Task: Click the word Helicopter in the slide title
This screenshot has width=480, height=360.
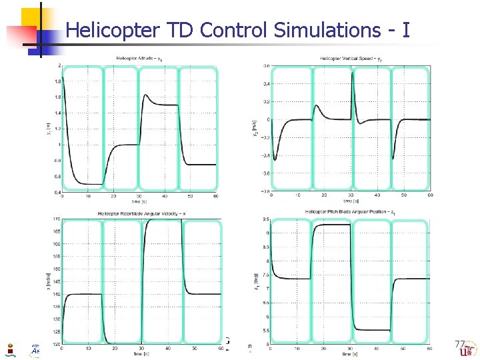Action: tap(110, 30)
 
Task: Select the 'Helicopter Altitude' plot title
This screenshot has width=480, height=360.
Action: tap(142, 59)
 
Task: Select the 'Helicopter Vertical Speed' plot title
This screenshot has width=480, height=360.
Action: tap(351, 59)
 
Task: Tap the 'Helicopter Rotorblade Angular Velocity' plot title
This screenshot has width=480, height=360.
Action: tap(142, 213)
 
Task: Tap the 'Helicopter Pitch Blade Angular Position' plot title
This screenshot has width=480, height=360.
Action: tap(351, 212)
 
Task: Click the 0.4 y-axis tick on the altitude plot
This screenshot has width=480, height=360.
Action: tap(59, 193)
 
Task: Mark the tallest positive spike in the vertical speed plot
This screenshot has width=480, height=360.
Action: tap(352, 72)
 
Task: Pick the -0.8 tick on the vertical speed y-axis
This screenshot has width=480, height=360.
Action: tap(265, 191)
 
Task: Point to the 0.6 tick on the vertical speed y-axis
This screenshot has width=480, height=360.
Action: tap(266, 66)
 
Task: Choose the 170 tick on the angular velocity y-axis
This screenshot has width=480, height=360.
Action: tap(57, 219)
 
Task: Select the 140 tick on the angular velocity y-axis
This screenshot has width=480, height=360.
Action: tap(57, 294)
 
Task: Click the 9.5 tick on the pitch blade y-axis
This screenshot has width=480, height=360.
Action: tap(266, 219)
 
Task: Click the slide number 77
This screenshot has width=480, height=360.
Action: tap(459, 345)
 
